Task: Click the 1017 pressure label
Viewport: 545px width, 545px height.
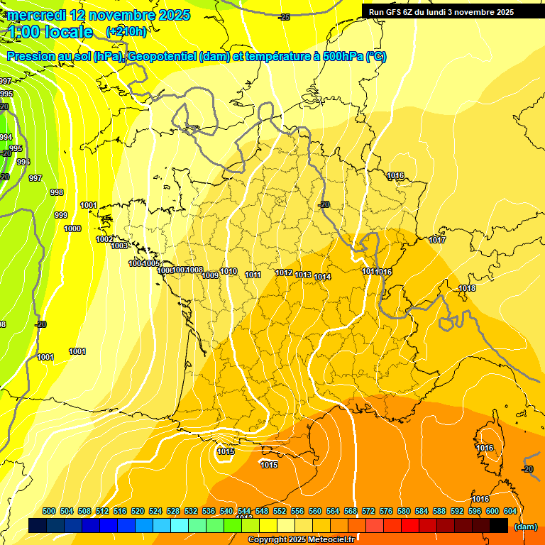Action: click(x=437, y=241)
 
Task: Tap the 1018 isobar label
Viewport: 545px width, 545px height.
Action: click(x=467, y=288)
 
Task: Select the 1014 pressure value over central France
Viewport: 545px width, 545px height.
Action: click(x=323, y=277)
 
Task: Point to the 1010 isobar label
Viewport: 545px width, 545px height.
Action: click(x=229, y=272)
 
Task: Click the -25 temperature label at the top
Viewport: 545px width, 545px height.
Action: click(x=285, y=17)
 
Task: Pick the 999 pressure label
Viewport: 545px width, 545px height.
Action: click(x=61, y=215)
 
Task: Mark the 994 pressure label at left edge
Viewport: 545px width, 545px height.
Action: click(x=6, y=137)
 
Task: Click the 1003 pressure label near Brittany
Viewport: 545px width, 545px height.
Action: click(x=119, y=246)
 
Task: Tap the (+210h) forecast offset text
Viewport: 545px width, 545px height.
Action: click(x=126, y=31)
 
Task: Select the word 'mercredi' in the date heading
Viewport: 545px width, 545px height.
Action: click(x=37, y=14)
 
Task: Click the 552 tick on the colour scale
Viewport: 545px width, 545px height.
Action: click(x=280, y=511)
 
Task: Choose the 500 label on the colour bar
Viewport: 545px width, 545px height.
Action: click(x=49, y=511)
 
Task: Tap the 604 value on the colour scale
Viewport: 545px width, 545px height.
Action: click(x=510, y=511)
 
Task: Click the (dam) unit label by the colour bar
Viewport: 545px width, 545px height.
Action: click(x=525, y=527)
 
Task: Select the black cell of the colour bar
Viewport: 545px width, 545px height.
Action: click(x=499, y=525)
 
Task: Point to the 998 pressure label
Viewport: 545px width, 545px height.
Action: click(x=57, y=192)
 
